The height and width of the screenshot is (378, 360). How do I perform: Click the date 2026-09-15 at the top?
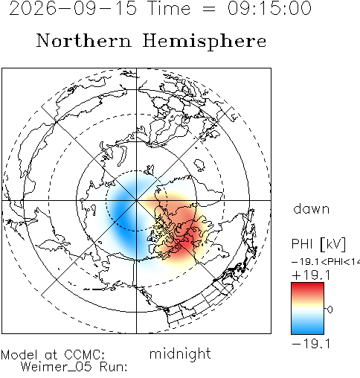73,8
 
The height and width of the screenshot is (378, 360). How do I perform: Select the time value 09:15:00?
269,8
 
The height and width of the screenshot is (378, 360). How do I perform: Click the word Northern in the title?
84,40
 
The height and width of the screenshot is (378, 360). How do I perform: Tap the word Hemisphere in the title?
205,41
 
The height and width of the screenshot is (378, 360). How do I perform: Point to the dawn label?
311,209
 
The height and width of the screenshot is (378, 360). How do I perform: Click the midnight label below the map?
180,354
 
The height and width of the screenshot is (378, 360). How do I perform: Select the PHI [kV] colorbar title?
318,244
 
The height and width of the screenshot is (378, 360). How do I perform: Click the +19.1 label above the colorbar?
312,275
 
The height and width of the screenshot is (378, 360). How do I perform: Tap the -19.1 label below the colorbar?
312,344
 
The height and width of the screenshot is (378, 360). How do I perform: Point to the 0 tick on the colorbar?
330,310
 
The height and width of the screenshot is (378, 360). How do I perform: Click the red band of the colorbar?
307,289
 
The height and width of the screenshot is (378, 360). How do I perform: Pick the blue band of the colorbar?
307,327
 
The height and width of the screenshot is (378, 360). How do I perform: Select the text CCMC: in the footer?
84,355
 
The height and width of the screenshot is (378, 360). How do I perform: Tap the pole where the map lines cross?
136,200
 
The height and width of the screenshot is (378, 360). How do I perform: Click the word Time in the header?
169,8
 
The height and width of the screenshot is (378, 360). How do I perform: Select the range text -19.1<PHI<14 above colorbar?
326,262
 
